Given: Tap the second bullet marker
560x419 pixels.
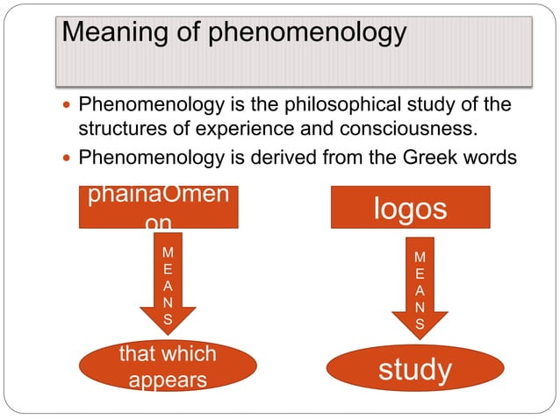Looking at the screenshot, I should [x=69, y=159].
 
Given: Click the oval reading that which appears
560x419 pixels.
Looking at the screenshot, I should [x=167, y=367].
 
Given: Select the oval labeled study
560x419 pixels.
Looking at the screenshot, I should [x=415, y=369].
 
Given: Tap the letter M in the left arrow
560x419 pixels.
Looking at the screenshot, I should [x=168, y=252].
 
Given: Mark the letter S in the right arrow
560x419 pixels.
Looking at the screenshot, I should [x=420, y=323].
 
